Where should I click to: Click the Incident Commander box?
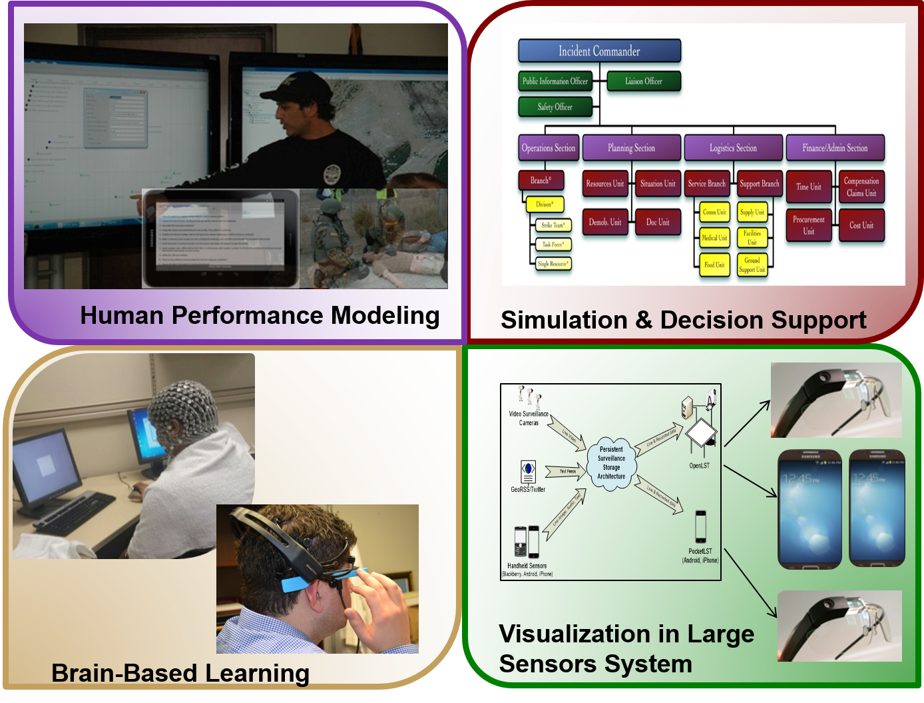tap(599, 51)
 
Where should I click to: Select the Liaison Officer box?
tap(644, 81)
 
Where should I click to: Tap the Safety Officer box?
tap(555, 107)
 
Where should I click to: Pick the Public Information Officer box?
tap(555, 81)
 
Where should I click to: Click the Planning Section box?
tap(631, 148)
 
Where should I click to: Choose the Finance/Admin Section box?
tap(835, 148)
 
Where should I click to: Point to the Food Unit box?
tap(714, 265)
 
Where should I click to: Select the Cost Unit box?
tap(861, 225)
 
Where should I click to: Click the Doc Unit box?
tap(658, 222)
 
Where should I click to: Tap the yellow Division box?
tap(545, 204)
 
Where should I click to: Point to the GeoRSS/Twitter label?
tap(528, 490)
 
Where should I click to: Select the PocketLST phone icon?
tap(700, 527)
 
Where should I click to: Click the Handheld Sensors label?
tap(527, 566)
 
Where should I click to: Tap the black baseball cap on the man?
tap(296, 87)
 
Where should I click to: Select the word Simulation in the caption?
tap(563, 321)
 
